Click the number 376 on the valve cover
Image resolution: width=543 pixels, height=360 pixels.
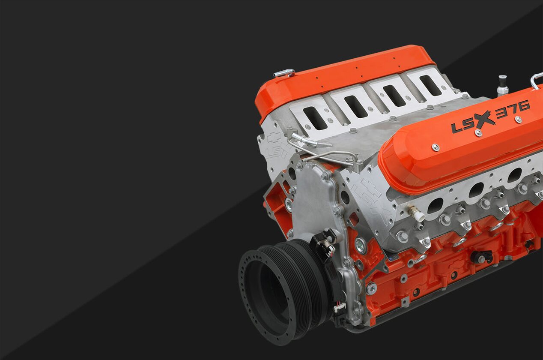(513, 110)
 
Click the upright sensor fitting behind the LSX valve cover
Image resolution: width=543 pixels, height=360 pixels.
(502, 85)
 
